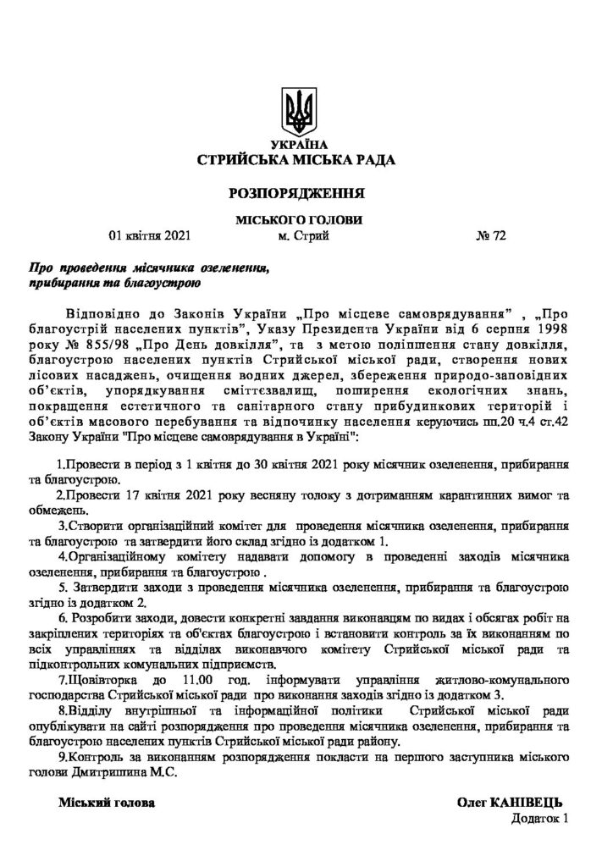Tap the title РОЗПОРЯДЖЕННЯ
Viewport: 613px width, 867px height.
point(296,192)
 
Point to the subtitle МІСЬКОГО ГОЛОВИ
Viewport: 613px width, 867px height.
point(297,220)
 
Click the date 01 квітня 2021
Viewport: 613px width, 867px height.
point(151,236)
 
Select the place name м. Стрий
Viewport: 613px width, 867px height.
point(303,236)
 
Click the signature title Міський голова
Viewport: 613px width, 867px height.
point(107,800)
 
